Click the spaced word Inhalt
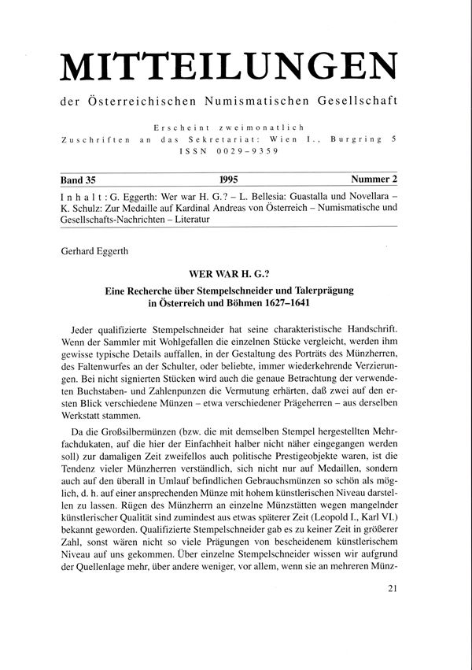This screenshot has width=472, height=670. [x=83, y=192]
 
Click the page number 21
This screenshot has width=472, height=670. [x=403, y=609]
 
